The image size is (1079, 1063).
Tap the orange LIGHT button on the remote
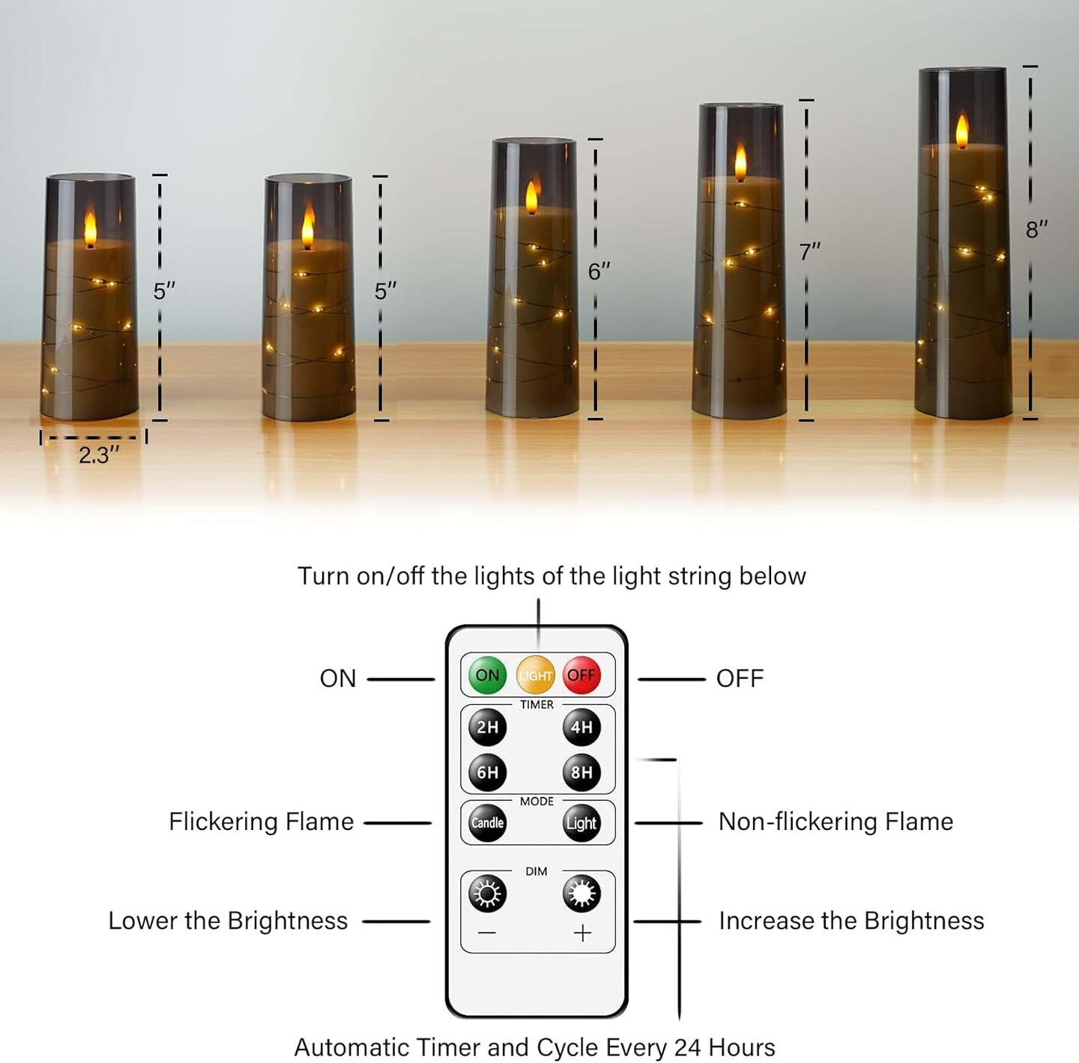[536, 676]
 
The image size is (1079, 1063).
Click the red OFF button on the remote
[581, 676]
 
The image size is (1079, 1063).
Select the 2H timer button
[488, 727]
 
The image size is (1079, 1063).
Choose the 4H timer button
[581, 727]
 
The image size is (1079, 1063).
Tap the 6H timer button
[488, 772]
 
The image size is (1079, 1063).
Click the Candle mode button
[488, 823]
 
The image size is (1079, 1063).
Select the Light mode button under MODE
[581, 823]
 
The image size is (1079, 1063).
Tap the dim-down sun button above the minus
[488, 894]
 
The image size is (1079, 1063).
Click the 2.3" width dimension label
[99, 455]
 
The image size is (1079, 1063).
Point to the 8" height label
[1036, 230]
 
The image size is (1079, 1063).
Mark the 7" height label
[809, 252]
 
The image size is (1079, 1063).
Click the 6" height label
[599, 271]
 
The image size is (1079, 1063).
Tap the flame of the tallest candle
[962, 132]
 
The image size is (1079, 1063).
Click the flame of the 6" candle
[531, 198]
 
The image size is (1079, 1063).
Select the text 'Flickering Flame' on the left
[261, 822]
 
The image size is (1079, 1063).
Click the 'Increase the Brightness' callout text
[851, 921]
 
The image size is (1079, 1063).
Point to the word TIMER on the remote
[537, 705]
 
